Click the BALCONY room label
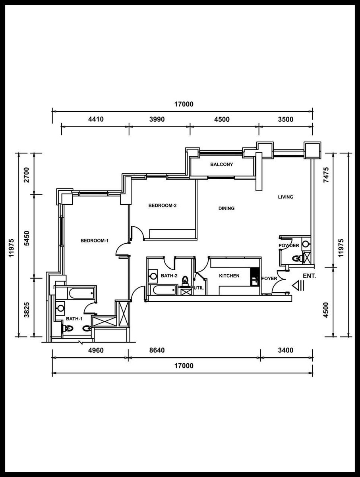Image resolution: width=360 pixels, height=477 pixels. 221,165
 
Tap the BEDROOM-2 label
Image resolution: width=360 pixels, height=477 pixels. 163,206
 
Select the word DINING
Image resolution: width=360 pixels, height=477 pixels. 226,208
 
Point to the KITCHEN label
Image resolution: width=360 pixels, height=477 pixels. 229,276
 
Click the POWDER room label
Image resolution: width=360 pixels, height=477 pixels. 289,246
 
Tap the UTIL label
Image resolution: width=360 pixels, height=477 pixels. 199,288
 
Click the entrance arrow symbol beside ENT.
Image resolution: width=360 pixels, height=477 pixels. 298,286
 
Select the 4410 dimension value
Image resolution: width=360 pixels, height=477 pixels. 96,119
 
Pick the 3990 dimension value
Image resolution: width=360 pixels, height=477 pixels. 157,119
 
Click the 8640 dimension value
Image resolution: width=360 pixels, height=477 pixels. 157,350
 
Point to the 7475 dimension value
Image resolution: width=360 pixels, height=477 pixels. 326,175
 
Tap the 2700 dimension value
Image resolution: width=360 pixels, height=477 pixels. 27,175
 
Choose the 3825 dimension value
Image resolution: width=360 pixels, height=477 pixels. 27,310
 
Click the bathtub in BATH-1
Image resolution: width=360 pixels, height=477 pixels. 82,293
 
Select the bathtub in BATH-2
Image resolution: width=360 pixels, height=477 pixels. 164,290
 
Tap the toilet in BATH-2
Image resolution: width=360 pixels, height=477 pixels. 185,281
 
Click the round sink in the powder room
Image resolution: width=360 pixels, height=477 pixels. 306,244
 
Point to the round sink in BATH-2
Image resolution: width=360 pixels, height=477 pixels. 153,276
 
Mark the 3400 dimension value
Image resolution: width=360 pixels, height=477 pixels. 286,350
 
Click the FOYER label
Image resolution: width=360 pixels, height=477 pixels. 269,278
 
